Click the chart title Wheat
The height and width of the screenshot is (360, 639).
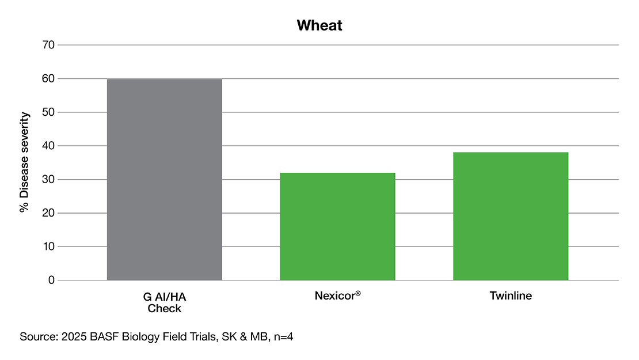[x=319, y=26]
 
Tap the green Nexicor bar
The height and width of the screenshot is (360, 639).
[x=337, y=226]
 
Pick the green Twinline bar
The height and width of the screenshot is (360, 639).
[x=511, y=217]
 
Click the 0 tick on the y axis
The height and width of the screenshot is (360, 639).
[x=51, y=281]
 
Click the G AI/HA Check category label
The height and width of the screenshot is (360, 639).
[x=165, y=302]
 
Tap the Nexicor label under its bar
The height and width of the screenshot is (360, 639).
[x=337, y=296]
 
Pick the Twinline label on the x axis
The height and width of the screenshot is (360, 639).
[x=511, y=296]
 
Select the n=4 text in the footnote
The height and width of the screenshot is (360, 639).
[x=283, y=337]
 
